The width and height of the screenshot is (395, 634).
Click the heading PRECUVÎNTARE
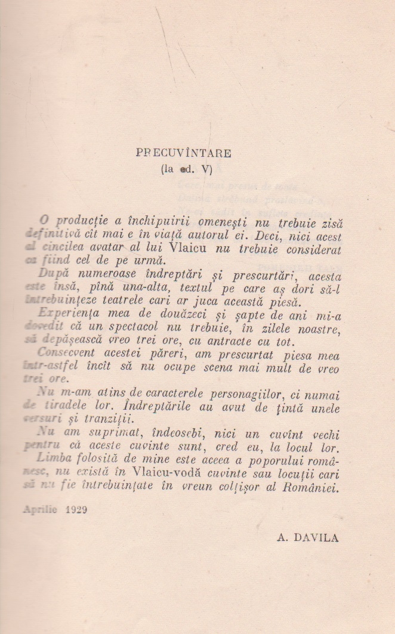[183, 153]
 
